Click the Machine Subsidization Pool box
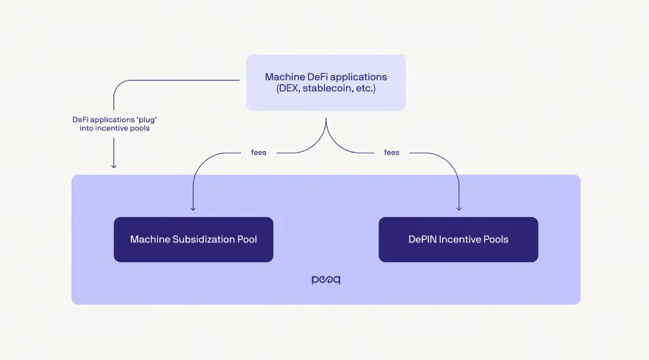tap(193, 239)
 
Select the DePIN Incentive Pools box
tap(458, 239)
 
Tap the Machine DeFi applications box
tap(326, 83)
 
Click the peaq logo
tap(326, 281)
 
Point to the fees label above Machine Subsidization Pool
tap(259, 153)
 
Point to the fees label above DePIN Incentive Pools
tap(391, 153)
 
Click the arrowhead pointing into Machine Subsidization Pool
tap(193, 209)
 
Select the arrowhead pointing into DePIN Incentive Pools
tap(459, 209)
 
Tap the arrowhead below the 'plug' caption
tap(113, 165)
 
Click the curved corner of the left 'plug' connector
tap(118, 84)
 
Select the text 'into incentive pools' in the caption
tap(113, 129)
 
